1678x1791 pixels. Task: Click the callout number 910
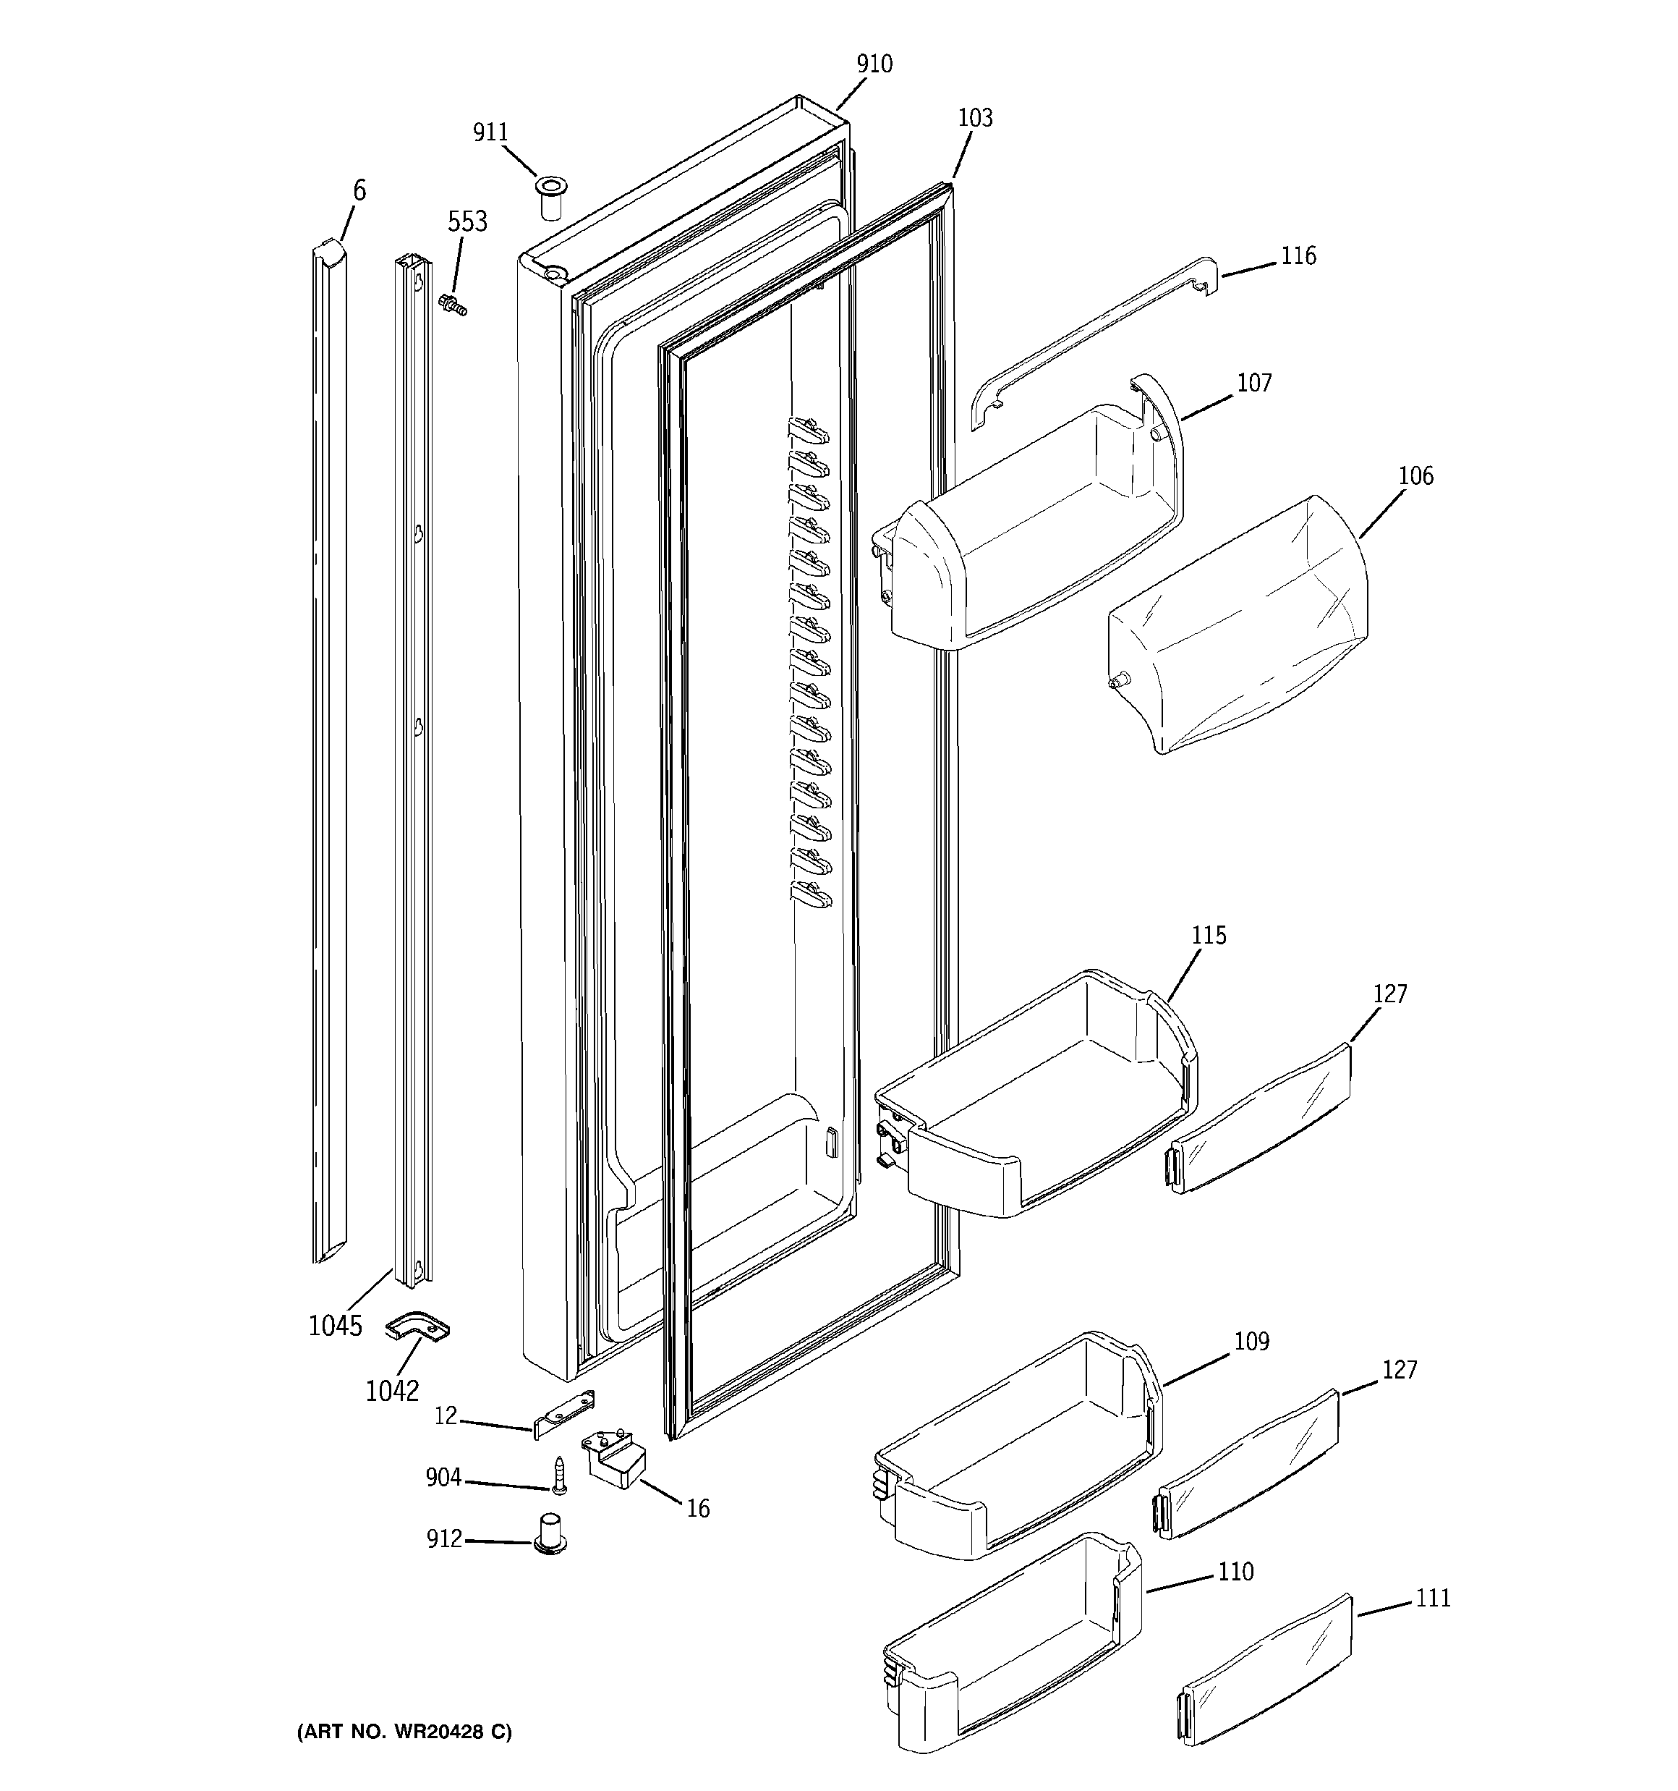[x=874, y=64]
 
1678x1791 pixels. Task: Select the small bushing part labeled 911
[x=551, y=198]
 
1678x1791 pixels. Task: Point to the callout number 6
[x=359, y=191]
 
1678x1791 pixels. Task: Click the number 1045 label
[x=335, y=1325]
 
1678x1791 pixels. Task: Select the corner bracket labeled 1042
[x=418, y=1327]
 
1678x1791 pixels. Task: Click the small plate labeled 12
[x=565, y=1415]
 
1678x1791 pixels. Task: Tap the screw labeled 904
[x=558, y=1475]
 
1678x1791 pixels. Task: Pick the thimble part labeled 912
[x=550, y=1533]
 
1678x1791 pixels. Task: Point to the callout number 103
[x=974, y=118]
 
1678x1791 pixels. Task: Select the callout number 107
[x=1253, y=384]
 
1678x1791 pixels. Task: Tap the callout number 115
[x=1209, y=935]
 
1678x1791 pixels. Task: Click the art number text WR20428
[x=404, y=1732]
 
